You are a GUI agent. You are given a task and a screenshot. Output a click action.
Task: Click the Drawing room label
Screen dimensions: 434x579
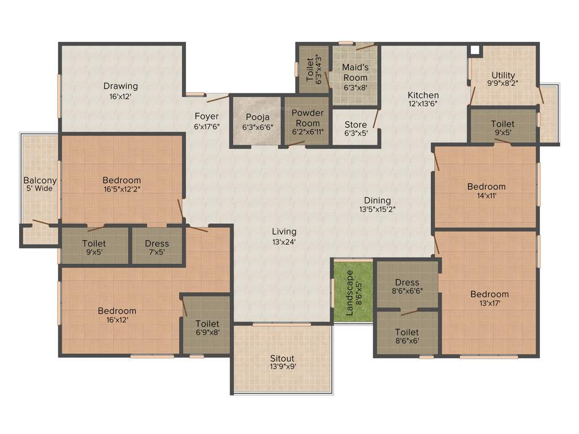point(120,86)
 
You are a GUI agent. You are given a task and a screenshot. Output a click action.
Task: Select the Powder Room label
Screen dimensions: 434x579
point(307,118)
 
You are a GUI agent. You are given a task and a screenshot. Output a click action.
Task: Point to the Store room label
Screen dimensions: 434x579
point(356,125)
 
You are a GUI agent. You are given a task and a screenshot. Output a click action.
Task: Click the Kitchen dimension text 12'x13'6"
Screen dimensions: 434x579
point(423,104)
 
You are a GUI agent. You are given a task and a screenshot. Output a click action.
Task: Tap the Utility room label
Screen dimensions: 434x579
point(503,75)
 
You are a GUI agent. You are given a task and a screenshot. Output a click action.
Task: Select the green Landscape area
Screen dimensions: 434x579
point(352,291)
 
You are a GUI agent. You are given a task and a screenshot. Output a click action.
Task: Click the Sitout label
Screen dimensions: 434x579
point(282,358)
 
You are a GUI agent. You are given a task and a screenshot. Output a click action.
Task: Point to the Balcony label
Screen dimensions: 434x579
point(40,181)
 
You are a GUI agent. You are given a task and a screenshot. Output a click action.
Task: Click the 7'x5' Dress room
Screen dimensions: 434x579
point(157,248)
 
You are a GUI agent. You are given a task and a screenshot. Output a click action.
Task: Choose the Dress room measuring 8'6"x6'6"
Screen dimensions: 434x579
point(407,286)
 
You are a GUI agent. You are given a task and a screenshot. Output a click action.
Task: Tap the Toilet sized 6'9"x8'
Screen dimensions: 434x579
point(206,328)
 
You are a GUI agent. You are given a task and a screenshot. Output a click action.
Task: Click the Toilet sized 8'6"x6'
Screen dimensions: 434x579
point(407,336)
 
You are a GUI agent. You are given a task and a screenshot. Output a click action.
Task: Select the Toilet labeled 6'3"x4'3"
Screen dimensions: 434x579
point(314,69)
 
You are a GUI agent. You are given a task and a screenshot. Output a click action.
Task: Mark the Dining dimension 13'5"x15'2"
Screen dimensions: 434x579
point(377,209)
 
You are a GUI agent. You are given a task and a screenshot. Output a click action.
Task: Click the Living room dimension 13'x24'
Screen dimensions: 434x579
point(284,241)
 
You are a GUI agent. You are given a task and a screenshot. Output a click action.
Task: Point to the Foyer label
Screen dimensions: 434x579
point(206,116)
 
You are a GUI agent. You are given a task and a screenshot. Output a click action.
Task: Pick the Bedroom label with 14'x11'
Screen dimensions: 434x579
point(486,186)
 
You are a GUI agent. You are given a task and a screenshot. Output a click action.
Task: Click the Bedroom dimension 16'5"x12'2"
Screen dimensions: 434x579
point(122,189)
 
